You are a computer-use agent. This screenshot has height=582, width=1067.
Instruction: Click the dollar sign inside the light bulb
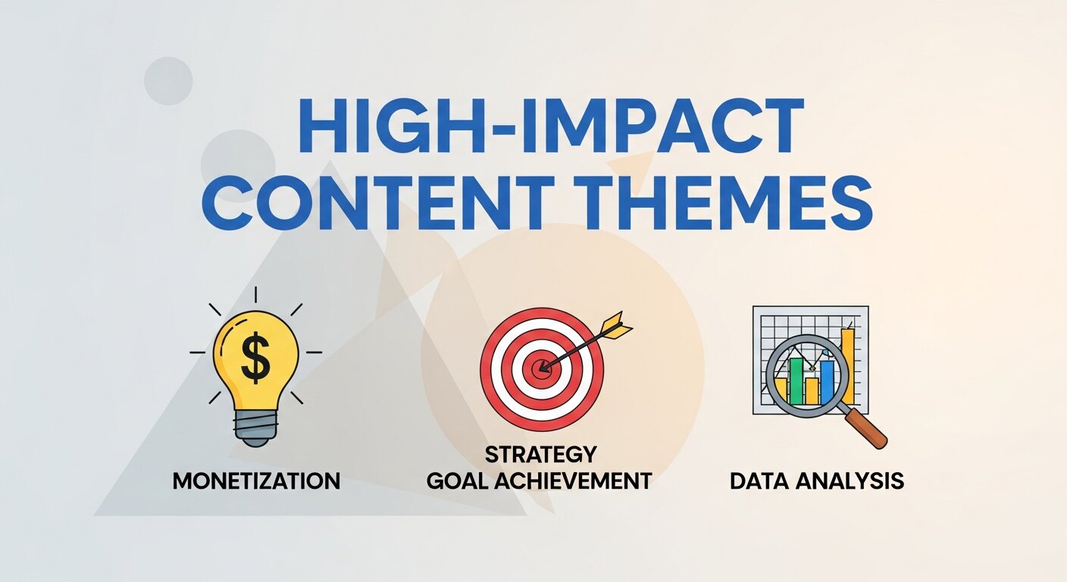coord(255,358)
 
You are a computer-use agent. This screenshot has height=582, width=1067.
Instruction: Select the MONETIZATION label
coord(256,480)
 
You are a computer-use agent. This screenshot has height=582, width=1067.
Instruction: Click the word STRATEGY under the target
coord(540,455)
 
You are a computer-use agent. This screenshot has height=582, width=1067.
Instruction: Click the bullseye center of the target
coord(541,369)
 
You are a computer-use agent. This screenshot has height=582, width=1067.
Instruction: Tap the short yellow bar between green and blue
coord(812,390)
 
